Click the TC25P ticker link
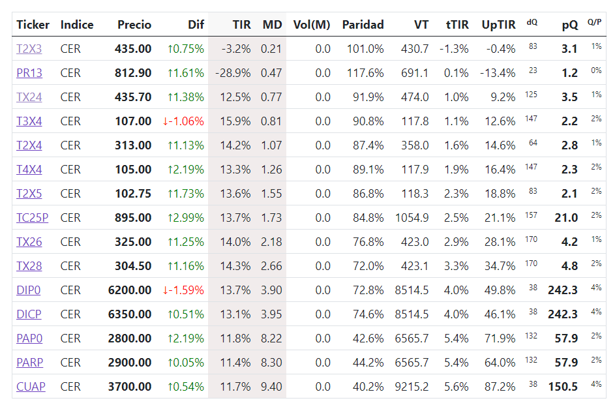32,218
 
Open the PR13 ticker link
29,73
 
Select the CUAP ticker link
31,387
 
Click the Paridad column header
363,25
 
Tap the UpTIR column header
498,25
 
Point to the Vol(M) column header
312,25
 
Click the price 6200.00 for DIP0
129,290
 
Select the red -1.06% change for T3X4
183,121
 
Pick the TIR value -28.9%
233,73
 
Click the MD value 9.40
271,387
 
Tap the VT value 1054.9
412,218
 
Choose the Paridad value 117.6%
365,73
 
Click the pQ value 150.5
563,387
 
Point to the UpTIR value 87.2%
500,387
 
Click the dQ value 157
531,215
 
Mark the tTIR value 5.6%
456,387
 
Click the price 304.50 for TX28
133,266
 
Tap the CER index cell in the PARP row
70,362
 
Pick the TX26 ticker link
29,242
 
